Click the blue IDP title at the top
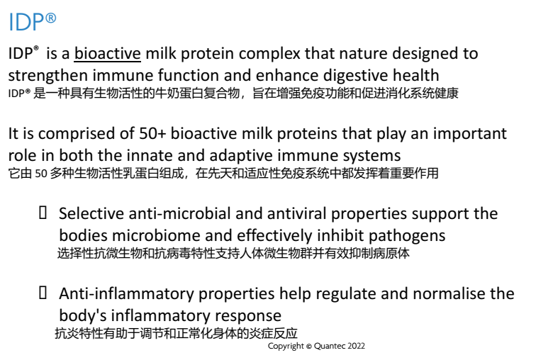point(32,21)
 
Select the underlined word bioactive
point(108,54)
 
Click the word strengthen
point(48,76)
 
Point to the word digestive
point(355,76)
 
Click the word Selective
point(91,214)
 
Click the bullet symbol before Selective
point(43,213)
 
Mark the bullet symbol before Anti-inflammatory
point(43,293)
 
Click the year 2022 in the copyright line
point(356,346)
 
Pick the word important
point(470,135)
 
